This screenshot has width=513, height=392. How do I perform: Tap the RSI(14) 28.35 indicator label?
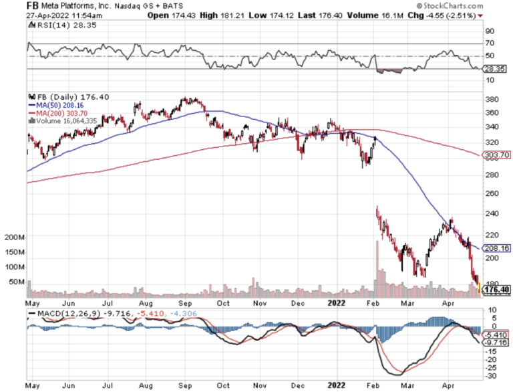click(x=54, y=25)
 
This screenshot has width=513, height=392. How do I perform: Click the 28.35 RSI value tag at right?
click(x=497, y=68)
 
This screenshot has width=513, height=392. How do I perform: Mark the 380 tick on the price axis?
click(x=492, y=99)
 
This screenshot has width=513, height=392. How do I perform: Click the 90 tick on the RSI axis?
click(x=490, y=31)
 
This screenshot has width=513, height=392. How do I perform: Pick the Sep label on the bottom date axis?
click(x=182, y=385)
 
